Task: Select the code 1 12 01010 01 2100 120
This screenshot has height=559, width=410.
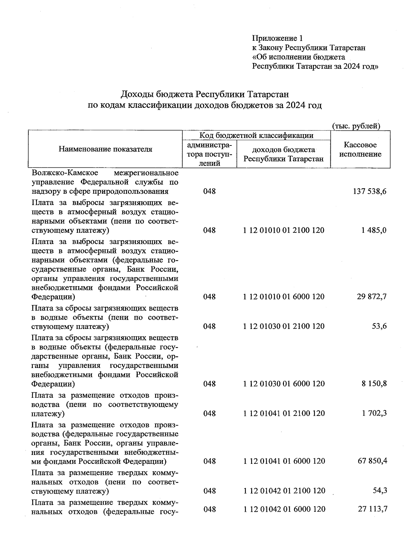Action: [x=284, y=230]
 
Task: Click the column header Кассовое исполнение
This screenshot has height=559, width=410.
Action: [x=360, y=150]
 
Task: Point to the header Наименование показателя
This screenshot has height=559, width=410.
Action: [x=105, y=149]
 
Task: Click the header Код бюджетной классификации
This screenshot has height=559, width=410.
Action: [x=256, y=136]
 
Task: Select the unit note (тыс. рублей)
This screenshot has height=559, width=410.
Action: [x=356, y=126]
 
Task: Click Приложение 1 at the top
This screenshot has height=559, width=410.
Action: [x=277, y=38]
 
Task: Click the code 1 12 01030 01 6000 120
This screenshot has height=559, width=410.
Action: [x=284, y=384]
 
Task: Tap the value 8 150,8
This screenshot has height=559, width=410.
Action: [x=374, y=384]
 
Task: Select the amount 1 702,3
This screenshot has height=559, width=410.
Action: [x=374, y=414]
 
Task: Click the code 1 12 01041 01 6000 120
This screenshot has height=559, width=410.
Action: [x=284, y=461]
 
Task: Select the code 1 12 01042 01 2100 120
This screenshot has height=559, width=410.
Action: [x=284, y=491]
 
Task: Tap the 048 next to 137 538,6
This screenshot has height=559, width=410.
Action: [x=209, y=191]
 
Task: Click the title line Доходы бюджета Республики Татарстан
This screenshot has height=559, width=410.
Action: [x=205, y=94]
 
